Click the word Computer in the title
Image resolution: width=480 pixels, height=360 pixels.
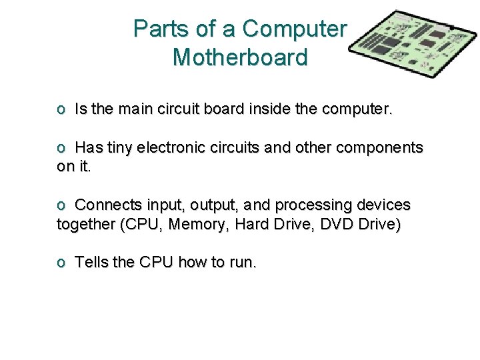pyautogui.click(x=295, y=29)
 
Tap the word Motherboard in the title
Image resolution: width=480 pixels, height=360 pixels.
pyautogui.click(x=240, y=57)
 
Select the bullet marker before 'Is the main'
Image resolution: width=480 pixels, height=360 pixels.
pyautogui.click(x=61, y=109)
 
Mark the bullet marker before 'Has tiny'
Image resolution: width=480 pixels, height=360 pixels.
pyautogui.click(x=61, y=148)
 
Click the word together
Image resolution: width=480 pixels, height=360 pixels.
pyautogui.click(x=85, y=224)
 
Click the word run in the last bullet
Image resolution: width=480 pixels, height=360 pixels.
pyautogui.click(x=242, y=263)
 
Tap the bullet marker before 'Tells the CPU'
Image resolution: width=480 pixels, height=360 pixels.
pyautogui.click(x=61, y=263)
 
